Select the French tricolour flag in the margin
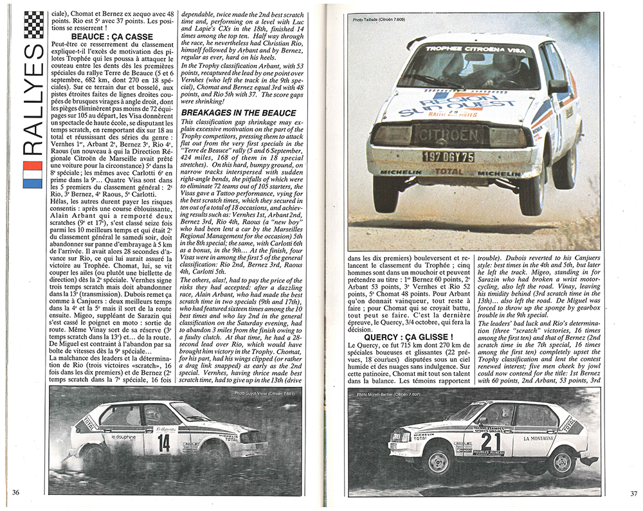coord(32,174)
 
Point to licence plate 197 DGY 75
coord(448,156)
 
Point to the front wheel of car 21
coord(439,460)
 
